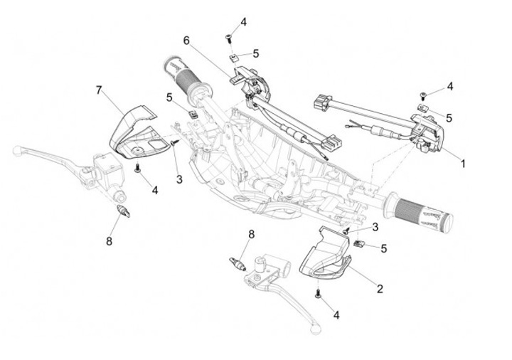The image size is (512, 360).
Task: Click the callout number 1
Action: click(x=464, y=163)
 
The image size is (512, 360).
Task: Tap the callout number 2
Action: click(x=380, y=289)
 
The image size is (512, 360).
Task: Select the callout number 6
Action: click(x=187, y=39)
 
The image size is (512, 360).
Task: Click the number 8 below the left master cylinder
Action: click(x=110, y=241)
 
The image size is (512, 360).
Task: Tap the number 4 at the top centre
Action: click(x=243, y=22)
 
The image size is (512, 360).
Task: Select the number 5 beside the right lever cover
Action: click(x=384, y=248)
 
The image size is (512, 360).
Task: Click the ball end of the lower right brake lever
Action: click(x=314, y=329)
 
